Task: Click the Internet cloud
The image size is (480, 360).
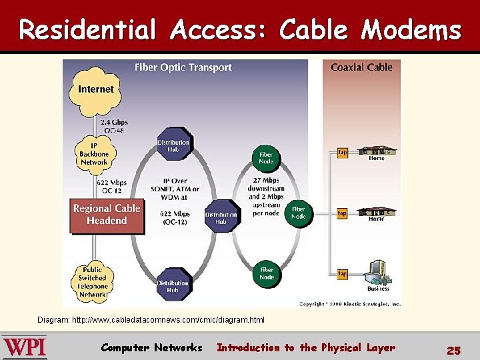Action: (95, 89)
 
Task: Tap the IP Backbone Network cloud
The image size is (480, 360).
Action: (94, 153)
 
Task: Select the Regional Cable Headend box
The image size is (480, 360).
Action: (107, 215)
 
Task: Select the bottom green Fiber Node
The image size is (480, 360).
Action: (266, 273)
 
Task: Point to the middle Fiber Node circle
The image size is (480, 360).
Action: (299, 213)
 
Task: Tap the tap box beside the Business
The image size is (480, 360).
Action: (342, 274)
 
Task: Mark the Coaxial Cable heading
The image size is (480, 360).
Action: (361, 67)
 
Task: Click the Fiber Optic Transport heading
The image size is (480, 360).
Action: (183, 67)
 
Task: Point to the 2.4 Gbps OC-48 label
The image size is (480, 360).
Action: (114, 126)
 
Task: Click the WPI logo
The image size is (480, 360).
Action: (24, 347)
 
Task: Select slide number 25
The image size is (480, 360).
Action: (453, 350)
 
